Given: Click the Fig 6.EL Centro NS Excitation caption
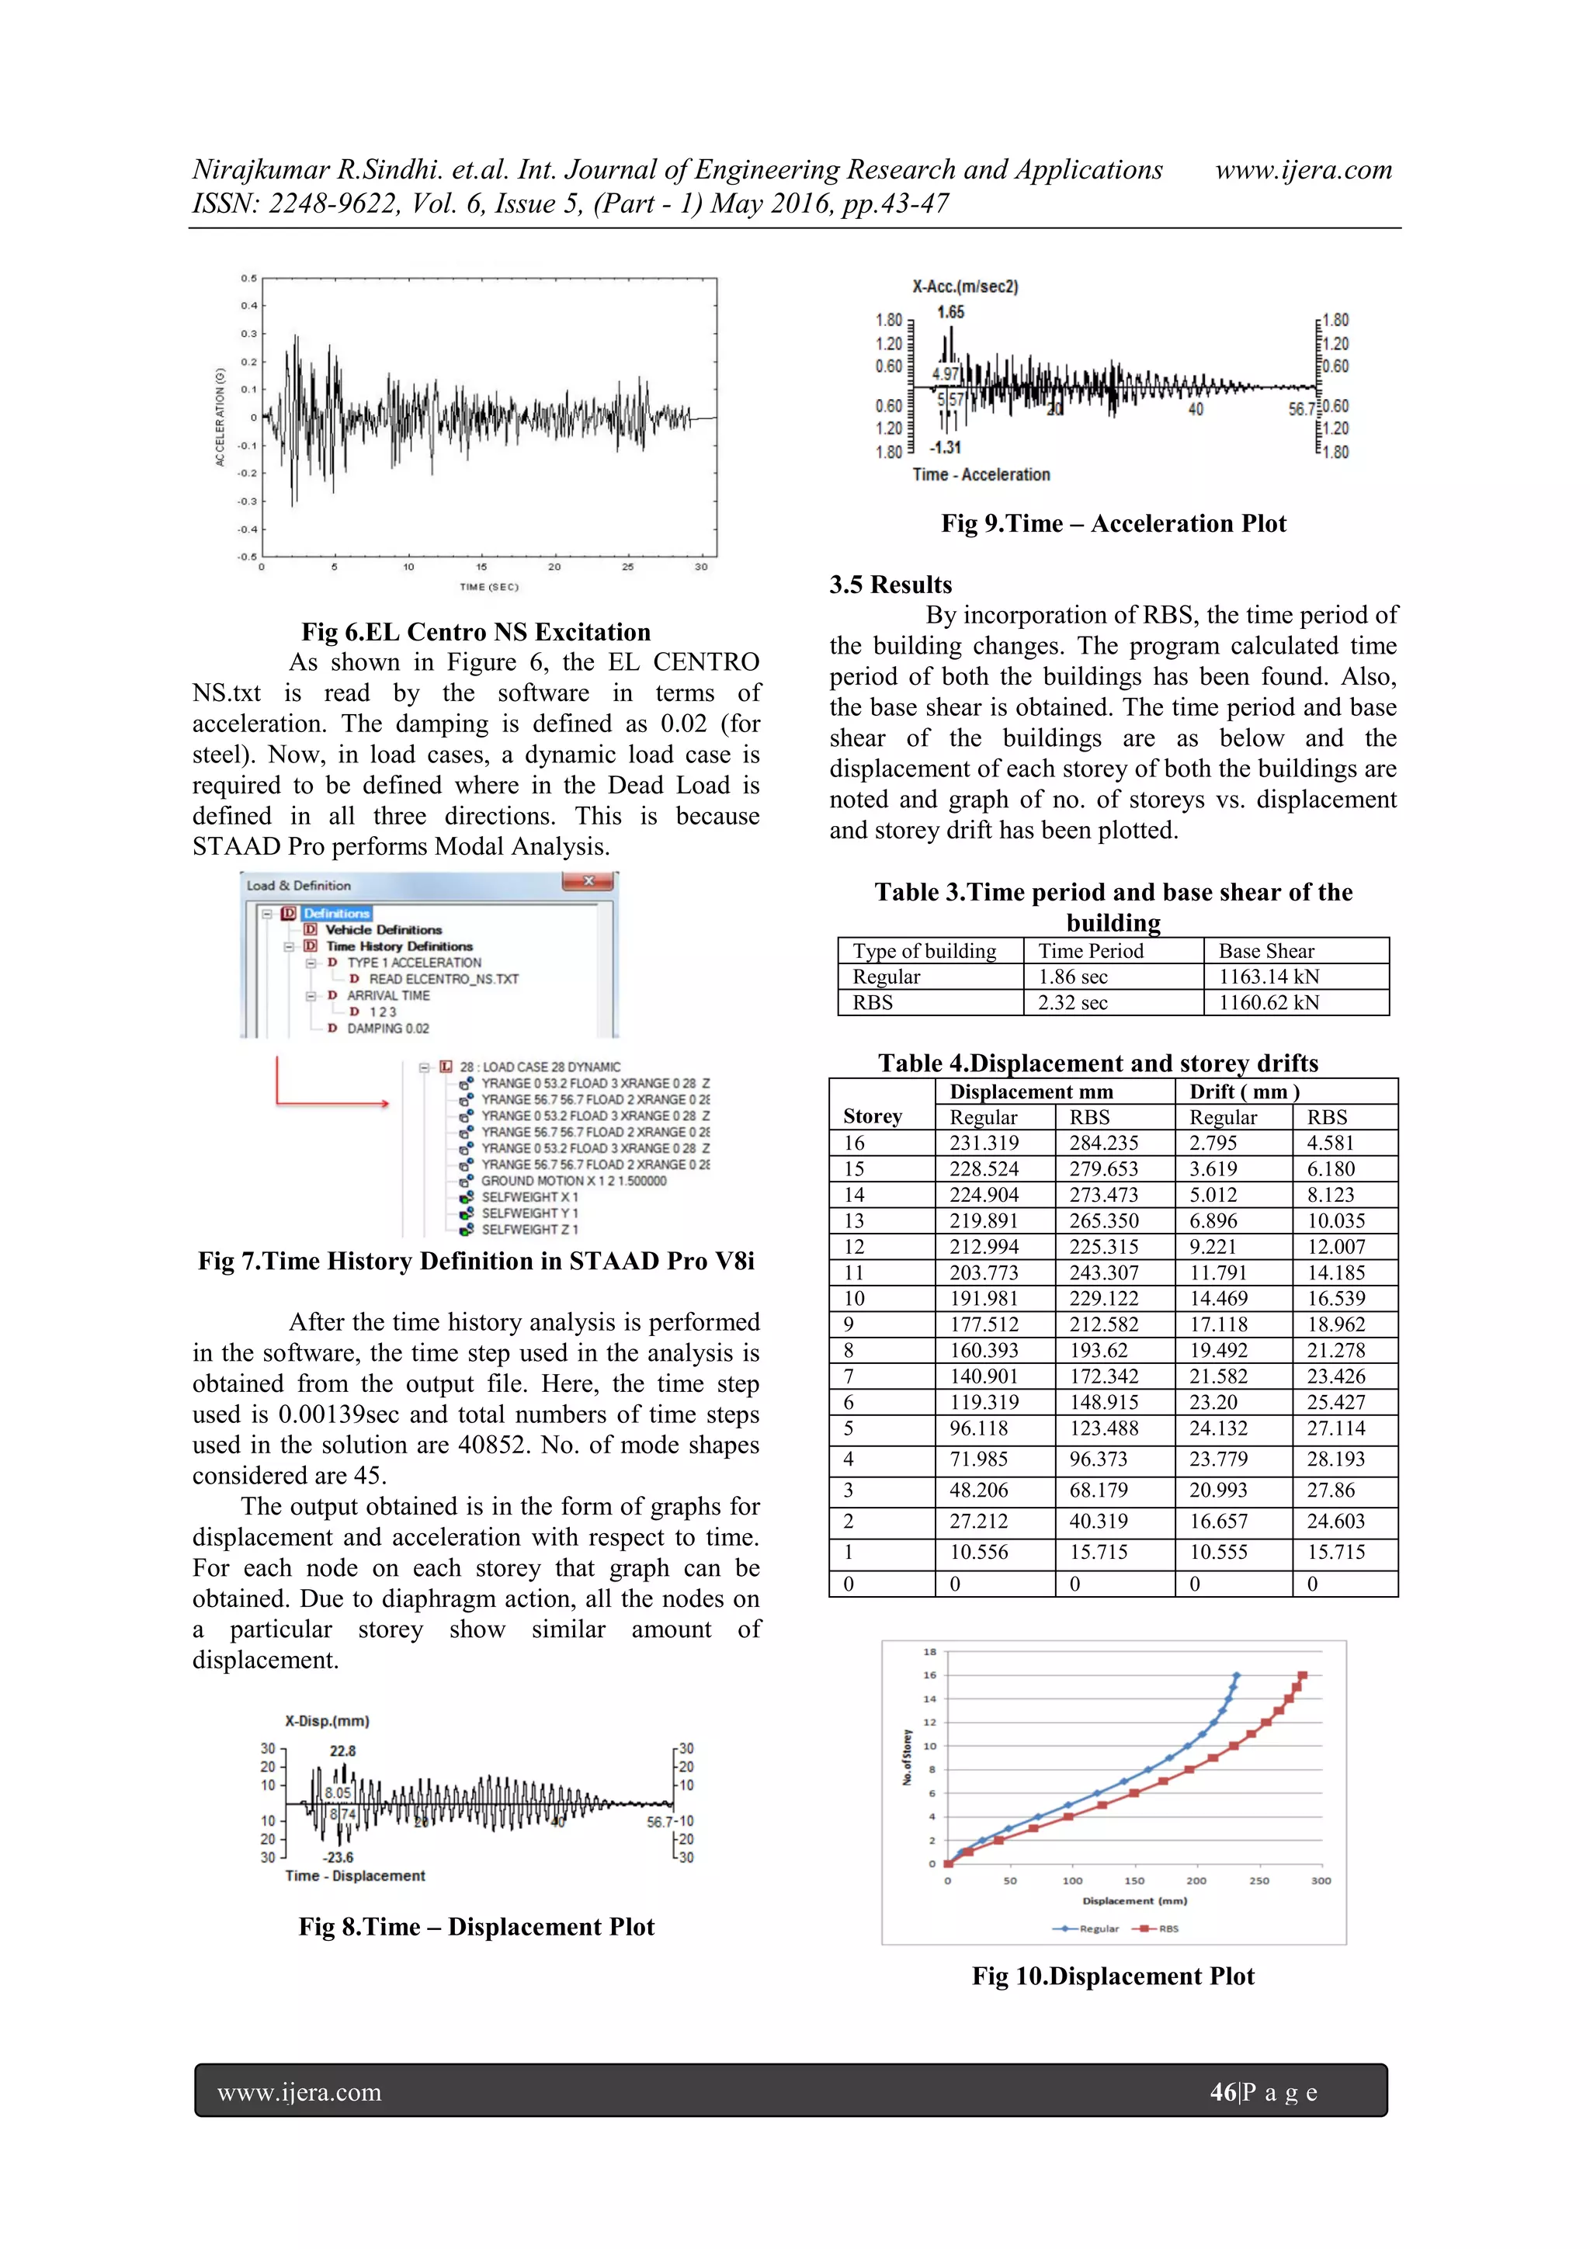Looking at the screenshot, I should coord(476,632).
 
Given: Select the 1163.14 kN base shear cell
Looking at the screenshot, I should coord(1269,977).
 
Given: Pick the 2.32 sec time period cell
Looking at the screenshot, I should coord(1073,1002).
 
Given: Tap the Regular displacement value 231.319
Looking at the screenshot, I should coord(984,1143).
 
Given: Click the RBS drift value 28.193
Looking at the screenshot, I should coord(1335,1459).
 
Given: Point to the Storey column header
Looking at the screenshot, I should coord(872,1116).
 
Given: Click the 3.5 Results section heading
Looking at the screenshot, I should coord(890,585).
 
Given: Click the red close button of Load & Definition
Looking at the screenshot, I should coord(588,882).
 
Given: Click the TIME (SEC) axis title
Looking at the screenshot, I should coord(489,587).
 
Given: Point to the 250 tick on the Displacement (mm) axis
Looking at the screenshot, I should coord(1258,1881).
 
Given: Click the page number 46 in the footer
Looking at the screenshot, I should coord(1223,2092).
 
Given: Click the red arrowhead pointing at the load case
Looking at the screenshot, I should coord(384,1104).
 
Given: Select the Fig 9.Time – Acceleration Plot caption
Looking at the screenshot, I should coord(1113,523).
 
